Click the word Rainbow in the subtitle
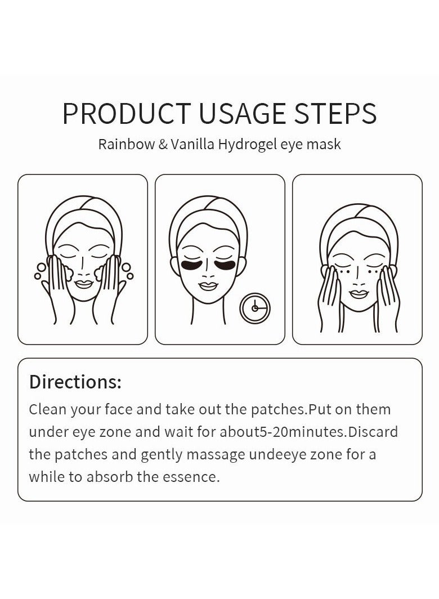coord(127,144)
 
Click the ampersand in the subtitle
coord(163,144)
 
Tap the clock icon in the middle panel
coord(255,309)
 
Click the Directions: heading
coord(75,382)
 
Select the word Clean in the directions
coord(48,409)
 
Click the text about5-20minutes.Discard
coord(308,432)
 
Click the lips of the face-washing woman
coord(83,284)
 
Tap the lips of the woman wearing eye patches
coord(208,286)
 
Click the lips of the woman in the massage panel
coord(359,294)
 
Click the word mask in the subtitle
coord(325,144)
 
